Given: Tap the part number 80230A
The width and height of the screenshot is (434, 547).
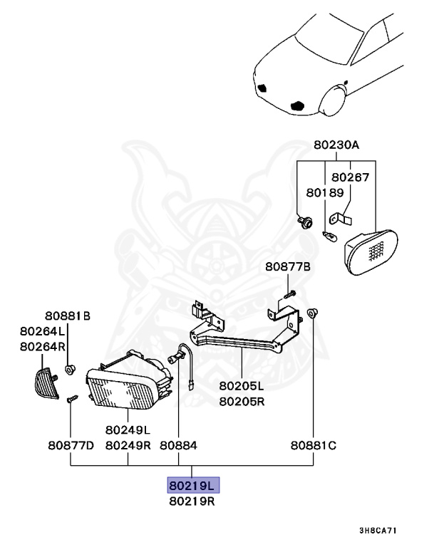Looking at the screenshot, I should (336, 145).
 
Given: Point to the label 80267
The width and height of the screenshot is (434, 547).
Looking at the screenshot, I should (351, 177).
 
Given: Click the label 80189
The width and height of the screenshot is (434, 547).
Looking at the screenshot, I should (325, 192).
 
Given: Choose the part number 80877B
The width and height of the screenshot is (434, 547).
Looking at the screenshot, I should (289, 267).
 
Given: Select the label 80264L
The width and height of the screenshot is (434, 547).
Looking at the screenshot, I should (43, 331).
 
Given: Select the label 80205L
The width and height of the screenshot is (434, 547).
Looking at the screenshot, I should (242, 387).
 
